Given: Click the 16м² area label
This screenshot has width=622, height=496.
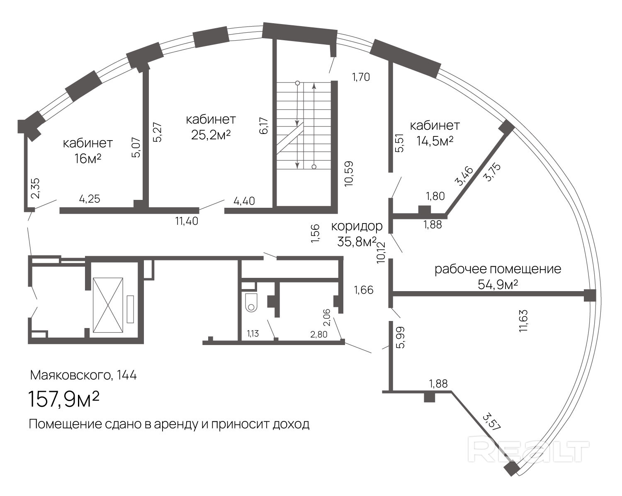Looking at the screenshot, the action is click(88, 158).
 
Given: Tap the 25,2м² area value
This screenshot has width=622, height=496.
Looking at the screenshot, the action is click(211, 135).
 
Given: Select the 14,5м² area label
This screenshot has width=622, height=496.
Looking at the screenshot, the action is click(435, 141).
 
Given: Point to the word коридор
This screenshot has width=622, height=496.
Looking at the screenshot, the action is click(357, 226).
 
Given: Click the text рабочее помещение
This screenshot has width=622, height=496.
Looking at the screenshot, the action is click(498, 269).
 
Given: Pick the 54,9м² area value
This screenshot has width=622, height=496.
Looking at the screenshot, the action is click(498, 284).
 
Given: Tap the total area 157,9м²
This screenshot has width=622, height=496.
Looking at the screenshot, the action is click(63, 399).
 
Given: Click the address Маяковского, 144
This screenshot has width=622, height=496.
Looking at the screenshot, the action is click(83, 375).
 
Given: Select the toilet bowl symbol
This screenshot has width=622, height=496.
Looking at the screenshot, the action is click(251, 303).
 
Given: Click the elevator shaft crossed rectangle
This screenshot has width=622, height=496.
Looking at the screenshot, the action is click(108, 305).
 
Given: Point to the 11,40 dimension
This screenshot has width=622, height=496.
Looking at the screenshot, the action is click(187, 221).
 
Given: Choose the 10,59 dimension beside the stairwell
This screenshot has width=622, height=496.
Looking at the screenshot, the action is click(349, 173).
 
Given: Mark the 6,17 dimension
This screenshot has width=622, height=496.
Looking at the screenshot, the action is click(264, 125).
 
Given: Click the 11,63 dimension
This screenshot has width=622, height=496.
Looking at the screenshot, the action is click(523, 321).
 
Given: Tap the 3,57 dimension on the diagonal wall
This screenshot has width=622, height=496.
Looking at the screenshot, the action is click(492, 422).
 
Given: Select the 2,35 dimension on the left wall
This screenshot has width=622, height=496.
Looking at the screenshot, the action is click(35, 188).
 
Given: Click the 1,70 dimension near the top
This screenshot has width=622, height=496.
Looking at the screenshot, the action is click(361, 77).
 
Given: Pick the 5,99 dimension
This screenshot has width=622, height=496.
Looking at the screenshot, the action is click(401, 337).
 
